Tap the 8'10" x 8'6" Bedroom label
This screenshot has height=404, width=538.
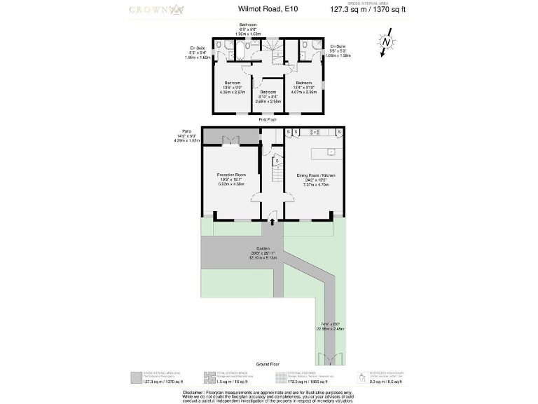(x=268, y=96)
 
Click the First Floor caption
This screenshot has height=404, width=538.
(x=268, y=120)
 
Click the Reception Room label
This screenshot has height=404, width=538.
(x=230, y=178)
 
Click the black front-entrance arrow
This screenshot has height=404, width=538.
(x=272, y=223)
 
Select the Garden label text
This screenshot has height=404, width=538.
(x=263, y=249)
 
